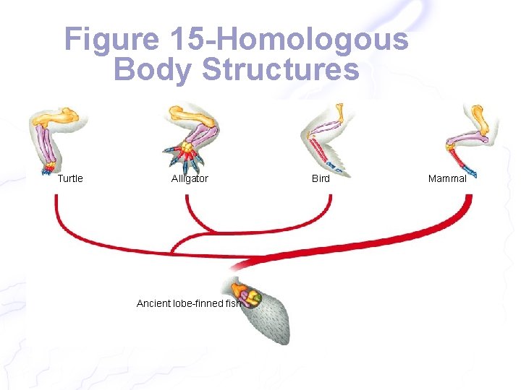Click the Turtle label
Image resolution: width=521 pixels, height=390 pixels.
coord(70,178)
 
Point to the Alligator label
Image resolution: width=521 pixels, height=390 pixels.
coord(190,178)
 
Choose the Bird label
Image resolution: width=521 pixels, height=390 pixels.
coord(321,178)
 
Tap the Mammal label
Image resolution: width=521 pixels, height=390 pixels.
coord(447,178)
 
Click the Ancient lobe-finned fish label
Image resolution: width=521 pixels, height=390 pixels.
coord(188,303)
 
